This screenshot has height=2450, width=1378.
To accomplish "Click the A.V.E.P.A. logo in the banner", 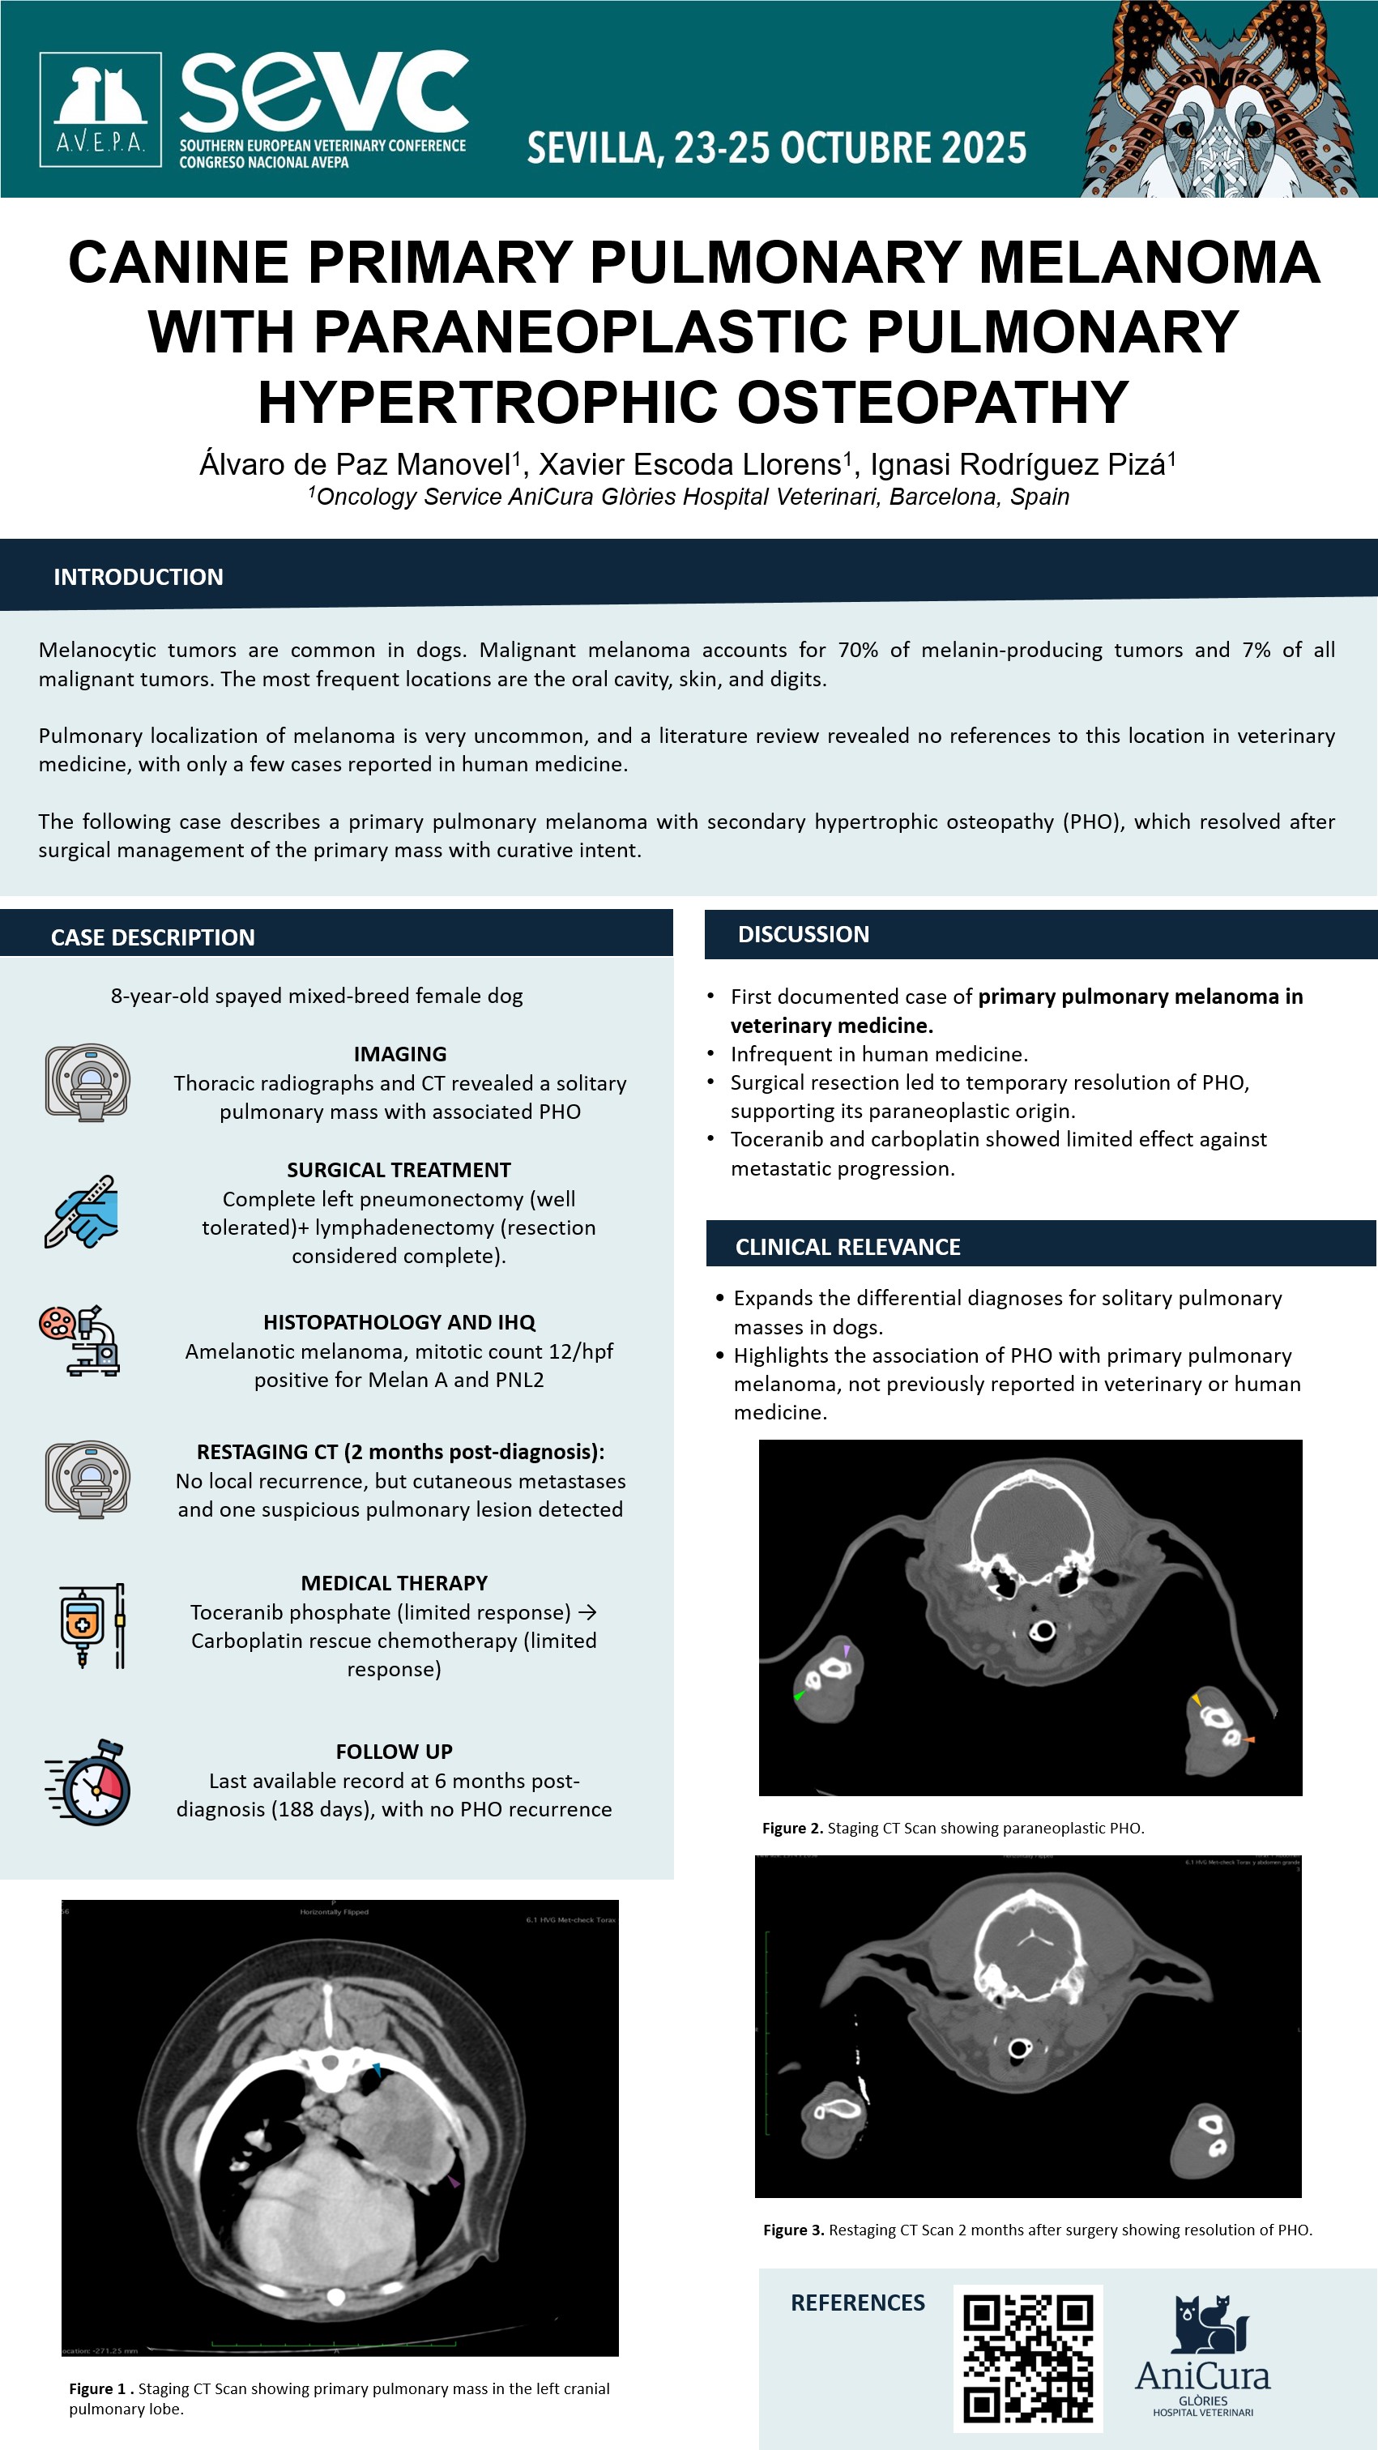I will pyautogui.click(x=100, y=109).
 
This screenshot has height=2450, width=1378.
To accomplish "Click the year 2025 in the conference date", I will pyautogui.click(x=984, y=148).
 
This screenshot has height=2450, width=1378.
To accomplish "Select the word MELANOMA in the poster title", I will pyautogui.click(x=1149, y=262).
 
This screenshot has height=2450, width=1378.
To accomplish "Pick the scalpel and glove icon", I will pyautogui.click(x=82, y=1212).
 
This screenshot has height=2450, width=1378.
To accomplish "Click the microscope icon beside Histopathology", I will pyautogui.click(x=82, y=1340).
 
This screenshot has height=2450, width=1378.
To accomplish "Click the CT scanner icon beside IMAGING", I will pyautogui.click(x=87, y=1082).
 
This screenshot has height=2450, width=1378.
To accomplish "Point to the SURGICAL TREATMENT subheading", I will pyautogui.click(x=399, y=1170).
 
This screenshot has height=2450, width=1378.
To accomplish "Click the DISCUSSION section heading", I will pyautogui.click(x=803, y=935).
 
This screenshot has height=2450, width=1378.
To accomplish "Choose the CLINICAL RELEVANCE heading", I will pyautogui.click(x=847, y=1247).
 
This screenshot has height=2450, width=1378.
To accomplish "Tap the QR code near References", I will pyautogui.click(x=1027, y=2358).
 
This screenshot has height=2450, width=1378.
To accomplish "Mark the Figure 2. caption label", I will pyautogui.click(x=792, y=1828).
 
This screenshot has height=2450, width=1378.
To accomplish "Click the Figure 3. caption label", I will pyautogui.click(x=793, y=2230).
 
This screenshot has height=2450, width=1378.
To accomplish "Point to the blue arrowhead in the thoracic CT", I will pyautogui.click(x=377, y=2068).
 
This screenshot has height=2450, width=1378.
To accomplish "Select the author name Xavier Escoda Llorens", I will pyautogui.click(x=689, y=465).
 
